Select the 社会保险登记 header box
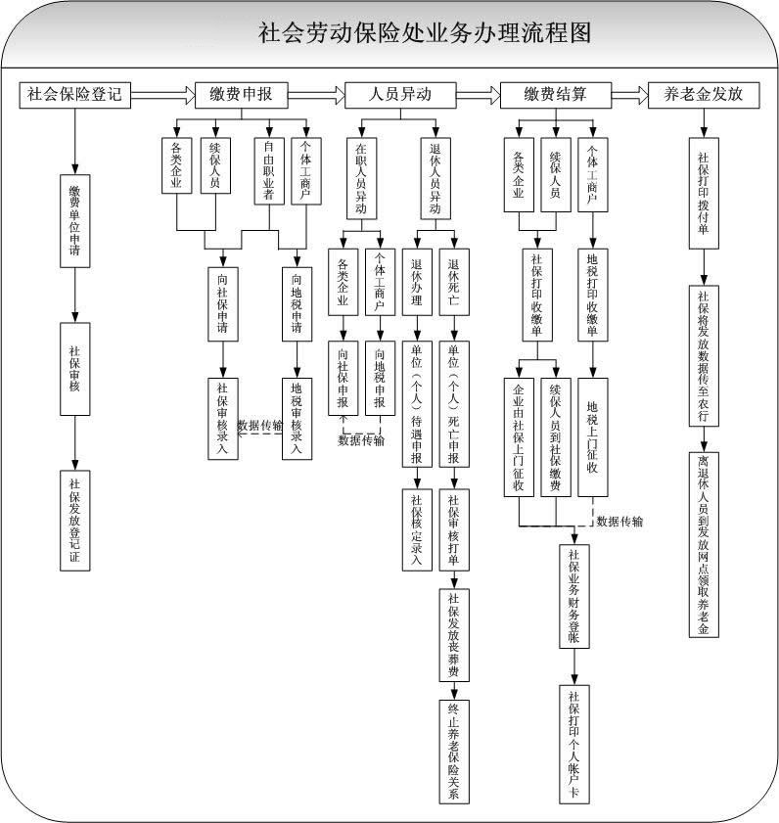coord(74,95)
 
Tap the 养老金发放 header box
coord(703,95)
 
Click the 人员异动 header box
coord(399,95)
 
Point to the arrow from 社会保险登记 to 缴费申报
coord(162,95)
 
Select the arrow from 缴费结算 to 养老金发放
coord(619,95)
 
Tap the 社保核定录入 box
coord(416,529)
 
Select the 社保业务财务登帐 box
coord(573,595)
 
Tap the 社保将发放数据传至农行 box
coord(703,354)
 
